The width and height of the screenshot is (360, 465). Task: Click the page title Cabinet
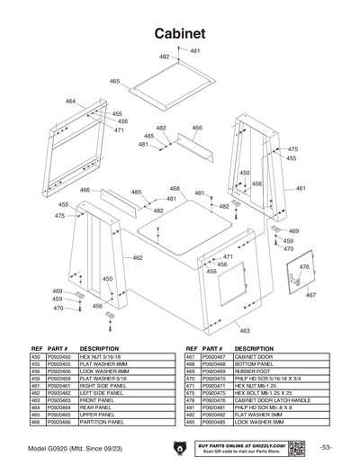click(x=179, y=32)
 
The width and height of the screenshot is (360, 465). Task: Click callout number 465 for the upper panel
click(x=115, y=81)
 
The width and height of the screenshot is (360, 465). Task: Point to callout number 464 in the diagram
click(x=71, y=101)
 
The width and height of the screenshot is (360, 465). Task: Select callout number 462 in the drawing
click(x=138, y=258)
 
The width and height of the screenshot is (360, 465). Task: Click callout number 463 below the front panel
click(x=244, y=331)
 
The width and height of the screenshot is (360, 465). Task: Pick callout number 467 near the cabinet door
click(x=310, y=295)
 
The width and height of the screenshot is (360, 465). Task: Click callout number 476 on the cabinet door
click(x=303, y=267)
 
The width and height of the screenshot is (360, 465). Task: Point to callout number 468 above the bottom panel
click(x=175, y=189)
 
